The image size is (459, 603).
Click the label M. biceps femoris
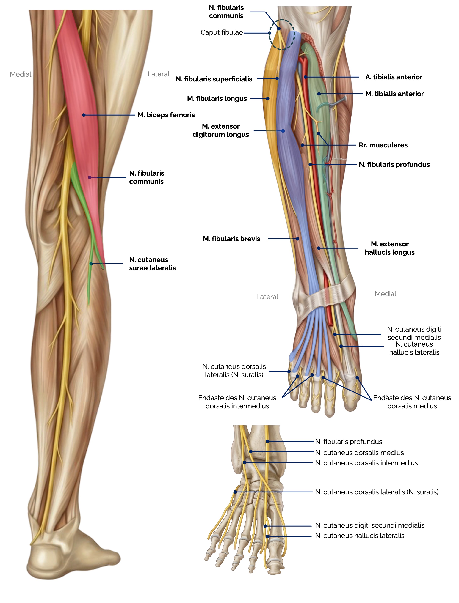(x=166, y=115)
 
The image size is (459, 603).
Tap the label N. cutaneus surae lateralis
(x=152, y=264)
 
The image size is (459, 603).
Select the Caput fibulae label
(x=221, y=32)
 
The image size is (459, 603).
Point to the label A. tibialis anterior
(x=393, y=77)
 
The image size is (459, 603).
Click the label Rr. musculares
(x=383, y=145)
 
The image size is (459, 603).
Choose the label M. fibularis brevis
(x=231, y=239)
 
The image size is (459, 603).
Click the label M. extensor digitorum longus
(x=221, y=130)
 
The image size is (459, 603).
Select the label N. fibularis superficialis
(x=214, y=79)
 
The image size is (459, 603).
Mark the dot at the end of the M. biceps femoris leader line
(x=84, y=115)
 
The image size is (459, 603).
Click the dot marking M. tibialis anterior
(x=319, y=94)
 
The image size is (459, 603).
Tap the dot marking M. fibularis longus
(x=268, y=99)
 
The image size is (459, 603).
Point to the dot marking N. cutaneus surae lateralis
(x=91, y=264)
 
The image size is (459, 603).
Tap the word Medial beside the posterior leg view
(x=21, y=74)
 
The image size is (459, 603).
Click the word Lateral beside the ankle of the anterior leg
(x=267, y=297)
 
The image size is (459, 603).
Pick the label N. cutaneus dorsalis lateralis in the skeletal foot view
(x=377, y=492)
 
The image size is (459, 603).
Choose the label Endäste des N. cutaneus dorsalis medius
(x=412, y=402)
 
